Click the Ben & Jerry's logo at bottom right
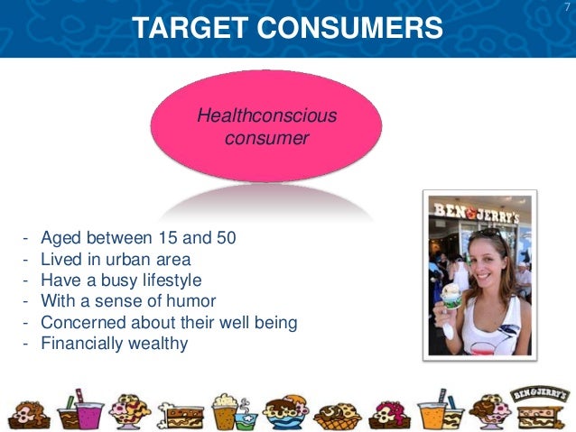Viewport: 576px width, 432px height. pyautogui.click(x=539, y=396)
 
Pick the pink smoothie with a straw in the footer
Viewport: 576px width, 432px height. pyautogui.click(x=86, y=410)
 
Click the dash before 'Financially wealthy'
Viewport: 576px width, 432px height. pyautogui.click(x=25, y=343)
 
